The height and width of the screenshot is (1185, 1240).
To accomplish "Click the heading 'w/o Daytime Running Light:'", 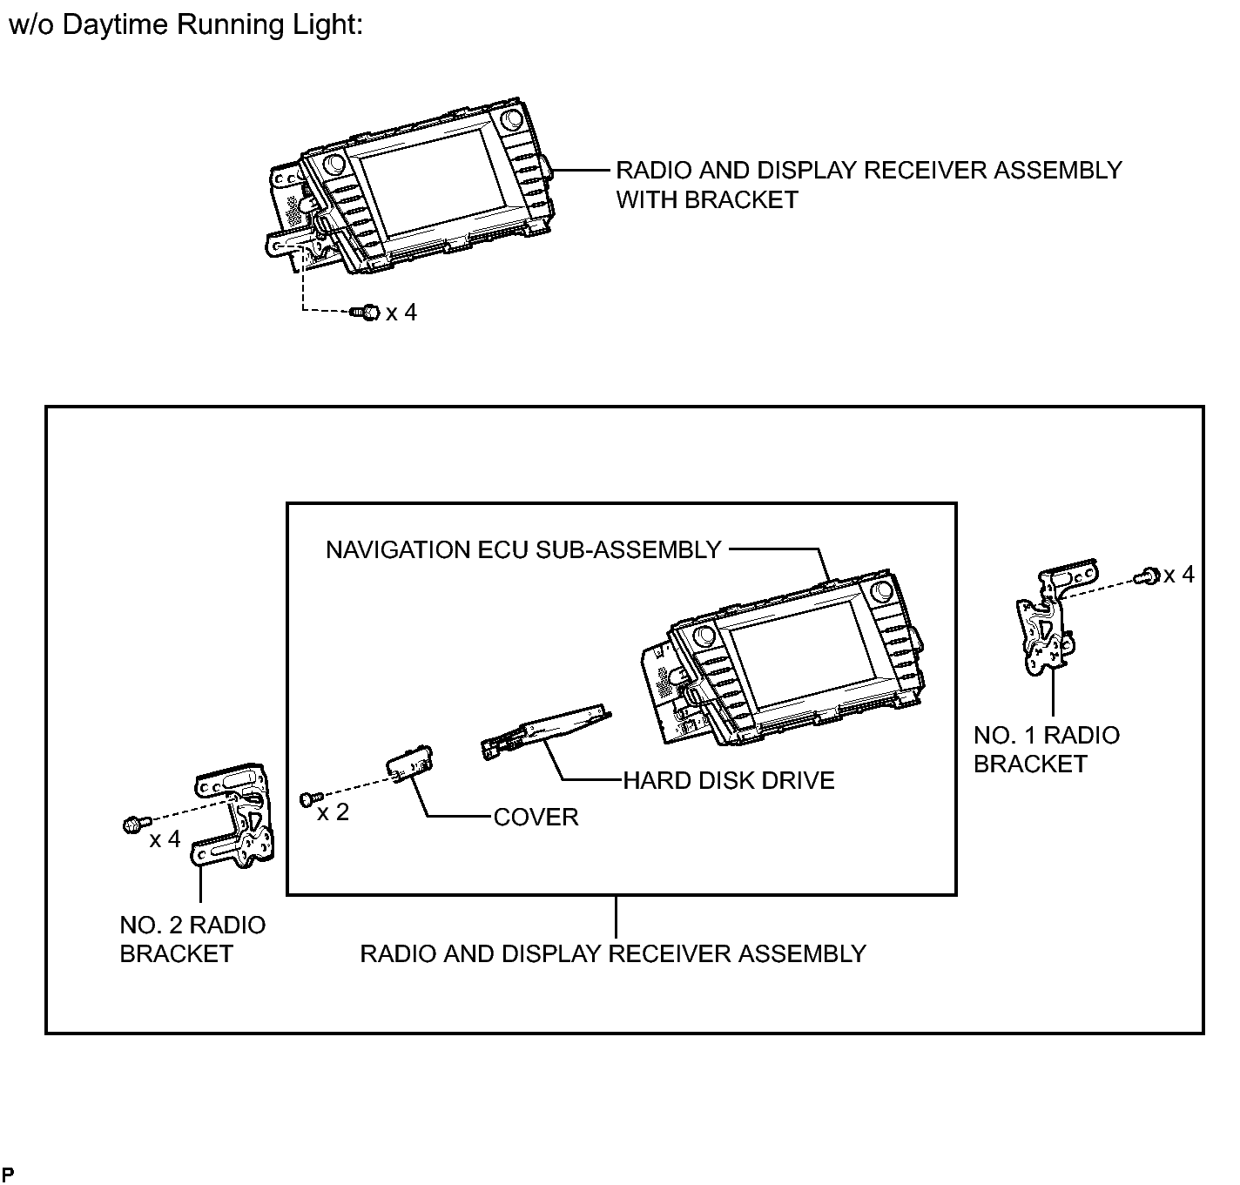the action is pyautogui.click(x=185, y=25).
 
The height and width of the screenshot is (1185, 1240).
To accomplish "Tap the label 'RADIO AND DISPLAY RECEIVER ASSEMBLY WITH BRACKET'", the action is pyautogui.click(x=868, y=185).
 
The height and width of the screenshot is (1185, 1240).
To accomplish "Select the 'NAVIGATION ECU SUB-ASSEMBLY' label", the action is pyautogui.click(x=523, y=549).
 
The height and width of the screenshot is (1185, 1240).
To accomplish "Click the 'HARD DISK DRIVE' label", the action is pyautogui.click(x=728, y=780).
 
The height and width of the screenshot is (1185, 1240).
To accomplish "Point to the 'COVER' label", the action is pyautogui.click(x=536, y=817).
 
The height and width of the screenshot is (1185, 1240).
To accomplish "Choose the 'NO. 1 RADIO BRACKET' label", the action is pyautogui.click(x=1047, y=750).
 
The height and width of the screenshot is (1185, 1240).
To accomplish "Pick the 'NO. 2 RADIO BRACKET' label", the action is pyautogui.click(x=192, y=939).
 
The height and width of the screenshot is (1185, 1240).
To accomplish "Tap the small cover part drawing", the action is pyautogui.click(x=410, y=764).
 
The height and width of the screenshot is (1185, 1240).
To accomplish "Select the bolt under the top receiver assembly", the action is pyautogui.click(x=365, y=313).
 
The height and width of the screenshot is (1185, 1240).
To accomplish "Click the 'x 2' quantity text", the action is pyautogui.click(x=333, y=812).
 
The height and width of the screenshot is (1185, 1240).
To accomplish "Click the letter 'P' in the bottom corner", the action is pyautogui.click(x=8, y=1174).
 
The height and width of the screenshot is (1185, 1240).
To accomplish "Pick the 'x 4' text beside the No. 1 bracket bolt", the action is pyautogui.click(x=1179, y=575).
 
